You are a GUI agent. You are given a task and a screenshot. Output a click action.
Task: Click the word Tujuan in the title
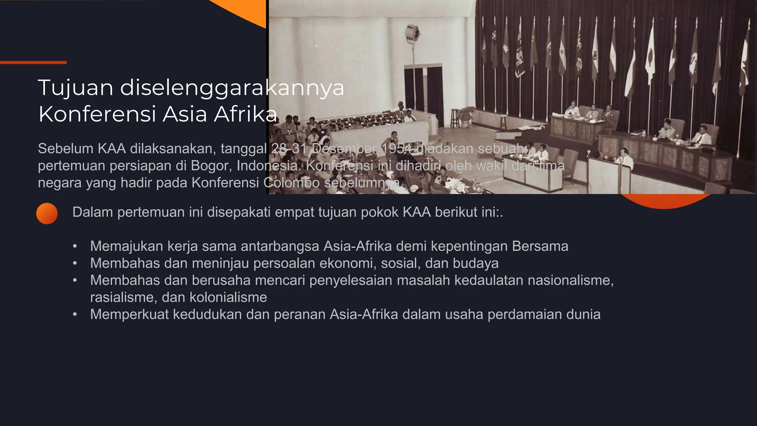tap(75, 88)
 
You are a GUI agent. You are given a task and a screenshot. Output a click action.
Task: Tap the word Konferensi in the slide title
tap(97, 114)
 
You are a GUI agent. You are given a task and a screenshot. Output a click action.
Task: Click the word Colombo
tap(292, 183)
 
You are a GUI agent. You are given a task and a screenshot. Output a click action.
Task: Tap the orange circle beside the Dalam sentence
tap(47, 213)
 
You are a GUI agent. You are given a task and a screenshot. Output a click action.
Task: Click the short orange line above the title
tap(33, 62)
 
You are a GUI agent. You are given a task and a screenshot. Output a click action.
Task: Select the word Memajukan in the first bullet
tap(127, 246)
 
